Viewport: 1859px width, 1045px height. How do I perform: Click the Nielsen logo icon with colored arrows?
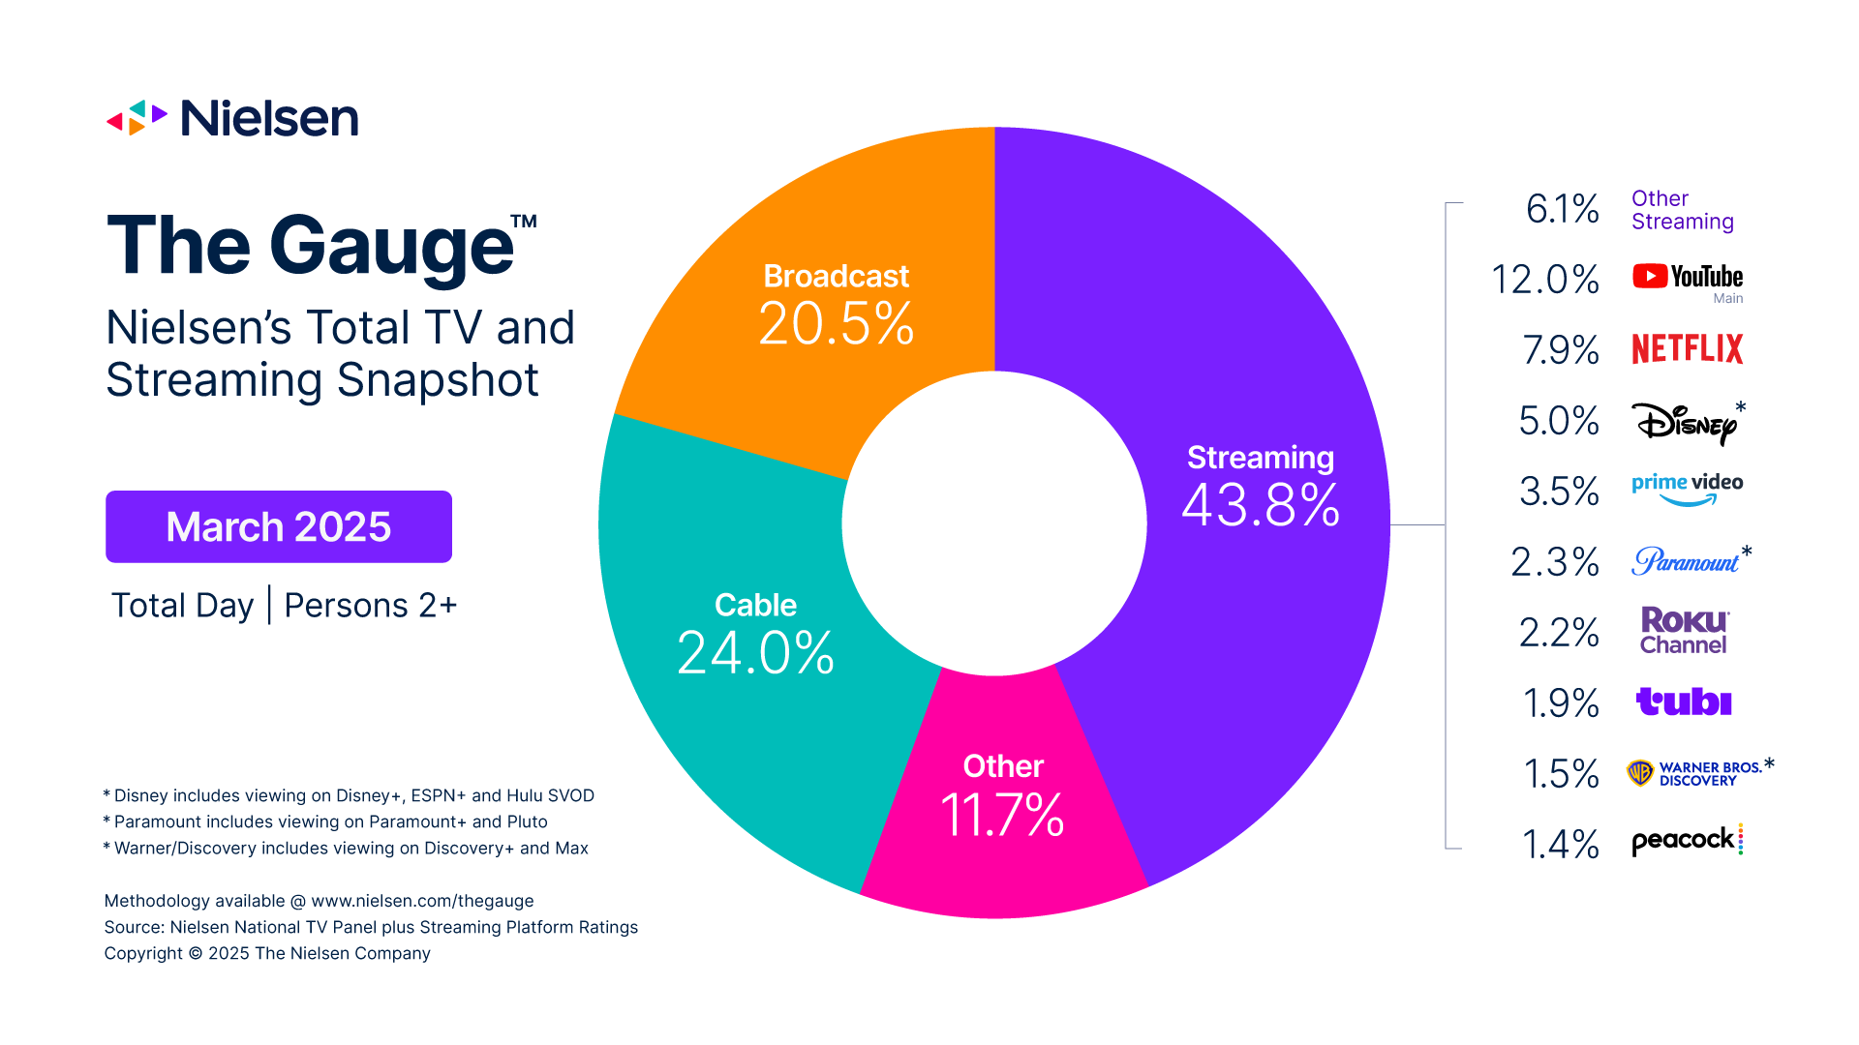pyautogui.click(x=137, y=118)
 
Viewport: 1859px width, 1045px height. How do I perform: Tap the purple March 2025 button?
pyautogui.click(x=279, y=526)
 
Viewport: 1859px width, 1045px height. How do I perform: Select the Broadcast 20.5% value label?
pyautogui.click(x=836, y=323)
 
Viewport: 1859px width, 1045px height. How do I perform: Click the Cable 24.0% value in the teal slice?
pyautogui.click(x=755, y=652)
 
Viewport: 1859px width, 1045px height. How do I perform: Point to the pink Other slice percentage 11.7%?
pyautogui.click(x=1002, y=815)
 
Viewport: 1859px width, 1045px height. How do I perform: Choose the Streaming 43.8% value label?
pyautogui.click(x=1261, y=504)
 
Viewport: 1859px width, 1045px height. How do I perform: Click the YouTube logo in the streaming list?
pyautogui.click(x=1687, y=277)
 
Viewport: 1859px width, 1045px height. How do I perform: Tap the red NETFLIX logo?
pyautogui.click(x=1687, y=348)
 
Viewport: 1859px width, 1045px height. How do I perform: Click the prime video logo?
pyautogui.click(x=1687, y=488)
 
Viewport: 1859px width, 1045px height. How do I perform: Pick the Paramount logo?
pyautogui.click(x=1685, y=561)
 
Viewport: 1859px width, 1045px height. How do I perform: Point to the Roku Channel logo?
pyautogui.click(x=1684, y=631)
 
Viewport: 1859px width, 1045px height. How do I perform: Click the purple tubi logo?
pyautogui.click(x=1684, y=702)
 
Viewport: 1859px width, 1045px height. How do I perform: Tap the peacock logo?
pyautogui.click(x=1686, y=840)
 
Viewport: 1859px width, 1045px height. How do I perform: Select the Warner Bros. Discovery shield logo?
pyautogui.click(x=1640, y=773)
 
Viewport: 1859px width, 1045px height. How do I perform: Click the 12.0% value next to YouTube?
pyautogui.click(x=1544, y=280)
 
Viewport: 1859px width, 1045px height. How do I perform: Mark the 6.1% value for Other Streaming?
pyautogui.click(x=1561, y=209)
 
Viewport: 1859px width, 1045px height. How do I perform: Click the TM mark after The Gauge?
pyautogui.click(x=524, y=221)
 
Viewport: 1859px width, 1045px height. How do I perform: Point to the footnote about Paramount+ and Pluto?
pyautogui.click(x=330, y=821)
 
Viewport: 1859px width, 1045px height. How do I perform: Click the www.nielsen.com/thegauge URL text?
pyautogui.click(x=422, y=901)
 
